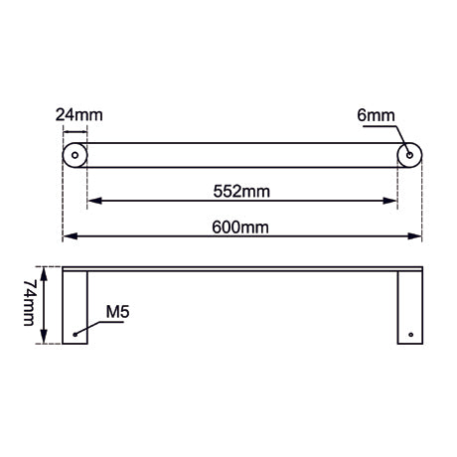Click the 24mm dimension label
coord(79,115)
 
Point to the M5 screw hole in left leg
coord(75,335)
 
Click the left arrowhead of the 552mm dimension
coord(92,202)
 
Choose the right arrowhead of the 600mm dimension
coord(417,236)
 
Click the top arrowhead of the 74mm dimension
coord(42,271)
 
